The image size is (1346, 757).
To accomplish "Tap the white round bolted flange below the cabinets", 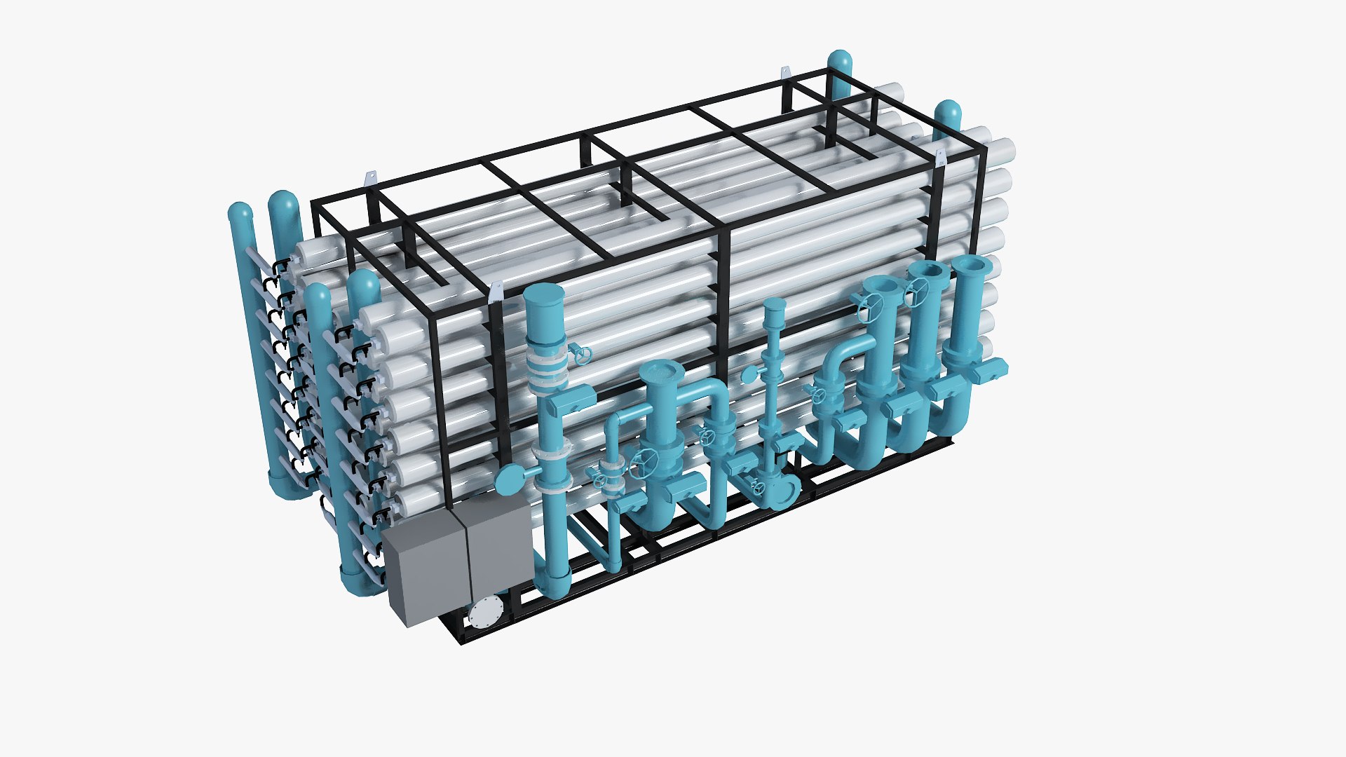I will click(x=483, y=614).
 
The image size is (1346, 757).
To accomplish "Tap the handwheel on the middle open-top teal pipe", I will click(x=915, y=291).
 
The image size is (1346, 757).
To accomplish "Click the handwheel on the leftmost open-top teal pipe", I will click(x=870, y=305).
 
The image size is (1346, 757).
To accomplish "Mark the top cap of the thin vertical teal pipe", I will click(x=774, y=303).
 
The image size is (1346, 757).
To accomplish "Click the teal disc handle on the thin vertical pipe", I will click(x=749, y=375).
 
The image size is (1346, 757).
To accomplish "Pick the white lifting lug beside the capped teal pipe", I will click(x=496, y=292).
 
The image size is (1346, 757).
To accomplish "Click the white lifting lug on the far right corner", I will click(x=940, y=156).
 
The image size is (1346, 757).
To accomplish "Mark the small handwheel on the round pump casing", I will click(x=756, y=489).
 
